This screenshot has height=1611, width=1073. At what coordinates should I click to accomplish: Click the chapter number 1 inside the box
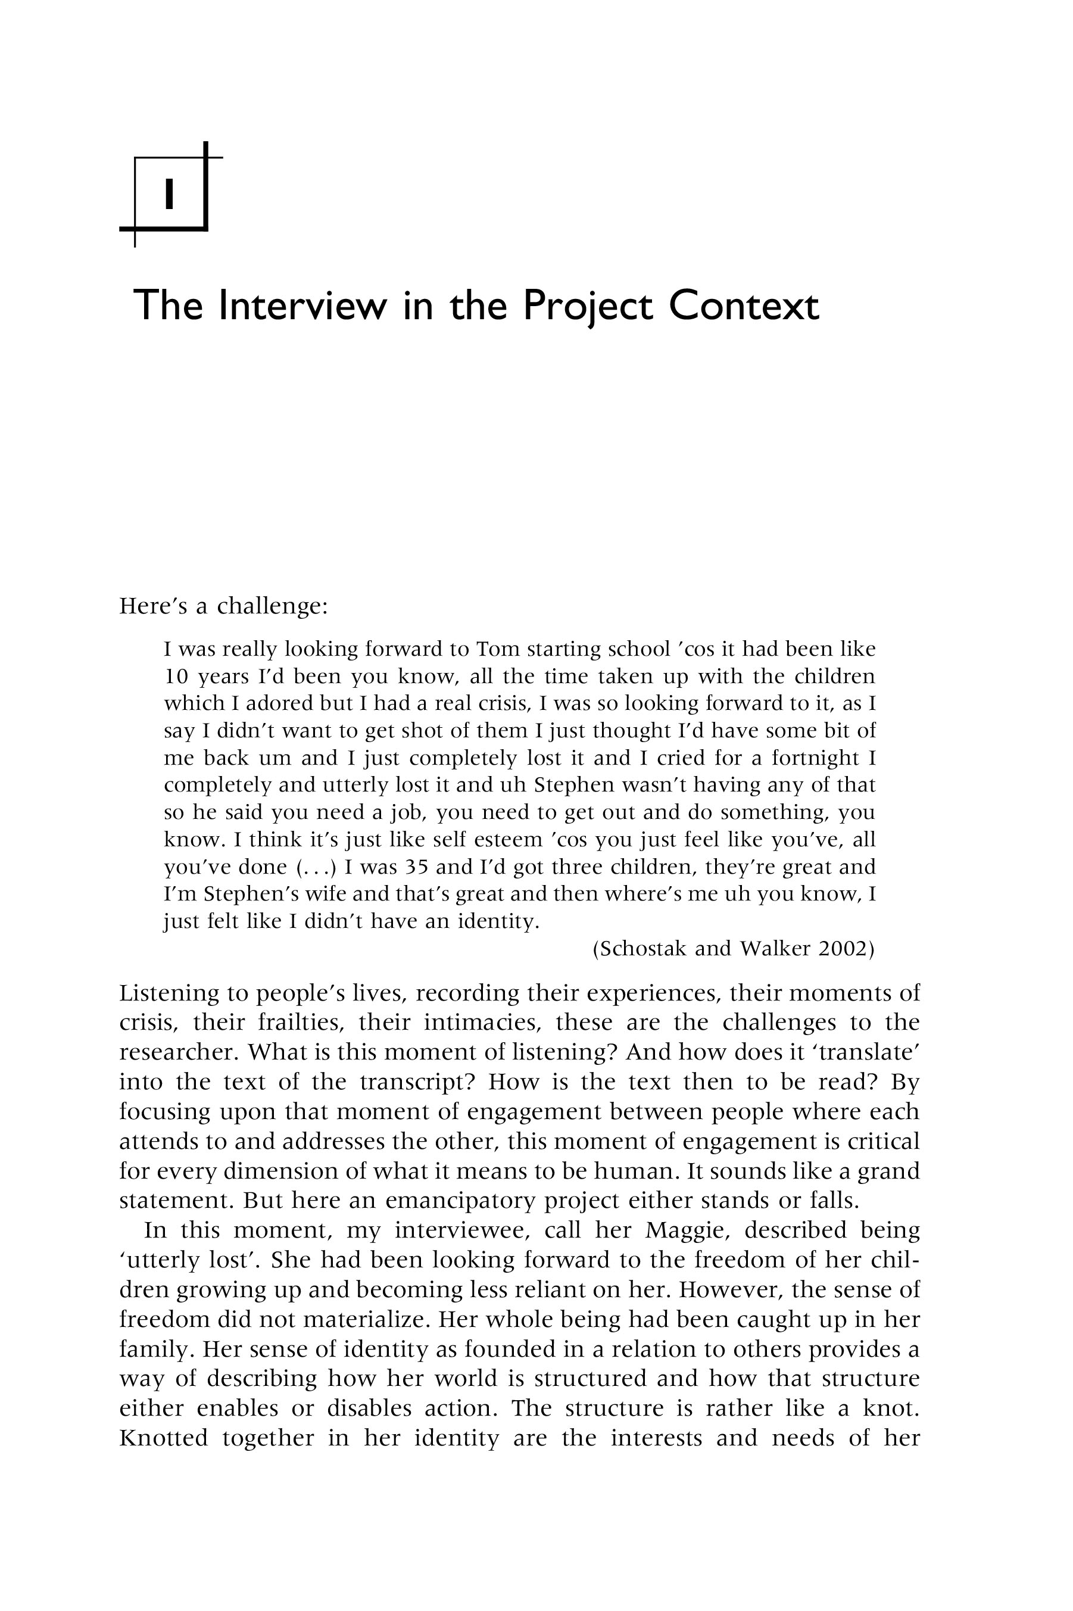(x=169, y=194)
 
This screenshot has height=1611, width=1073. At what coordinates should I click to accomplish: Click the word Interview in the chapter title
(x=301, y=306)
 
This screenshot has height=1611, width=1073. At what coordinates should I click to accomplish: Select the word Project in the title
(x=587, y=306)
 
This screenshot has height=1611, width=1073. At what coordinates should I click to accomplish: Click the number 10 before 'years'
(x=176, y=676)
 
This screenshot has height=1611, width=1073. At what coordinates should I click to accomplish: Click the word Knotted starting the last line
(x=164, y=1438)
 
